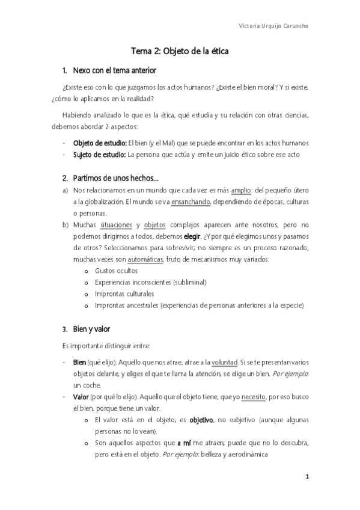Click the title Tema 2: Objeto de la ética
click(180, 52)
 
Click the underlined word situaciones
click(117, 225)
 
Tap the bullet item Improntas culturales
click(124, 294)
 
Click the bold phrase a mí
click(185, 443)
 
